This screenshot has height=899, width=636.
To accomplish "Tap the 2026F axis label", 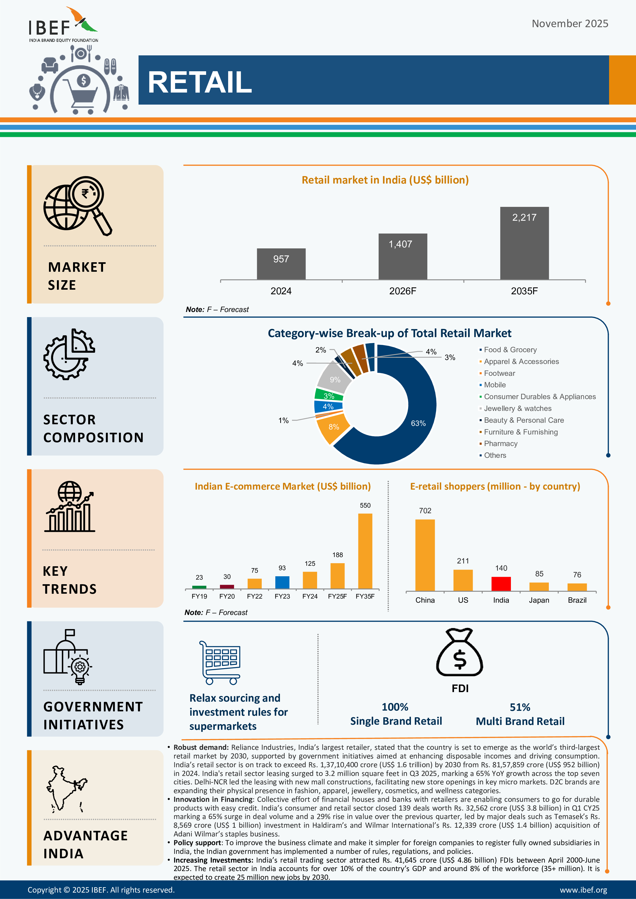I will (x=402, y=291).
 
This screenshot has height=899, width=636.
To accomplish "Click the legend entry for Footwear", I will (x=499, y=373).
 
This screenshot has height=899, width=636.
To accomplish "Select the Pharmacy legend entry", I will (x=500, y=444).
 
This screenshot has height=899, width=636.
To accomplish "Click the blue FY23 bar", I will (x=282, y=582).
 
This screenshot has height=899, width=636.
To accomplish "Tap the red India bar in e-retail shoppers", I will (x=501, y=584).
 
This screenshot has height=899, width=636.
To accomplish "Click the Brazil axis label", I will (x=577, y=600).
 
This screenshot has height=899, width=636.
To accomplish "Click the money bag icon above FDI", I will (x=460, y=653).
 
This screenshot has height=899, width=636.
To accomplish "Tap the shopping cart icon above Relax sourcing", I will (x=220, y=662).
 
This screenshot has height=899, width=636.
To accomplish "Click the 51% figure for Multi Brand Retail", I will (x=520, y=707).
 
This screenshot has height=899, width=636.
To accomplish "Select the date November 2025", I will (x=570, y=24).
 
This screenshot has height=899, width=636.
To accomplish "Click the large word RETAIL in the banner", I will (x=200, y=82).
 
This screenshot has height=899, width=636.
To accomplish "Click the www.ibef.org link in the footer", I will (x=583, y=890).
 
